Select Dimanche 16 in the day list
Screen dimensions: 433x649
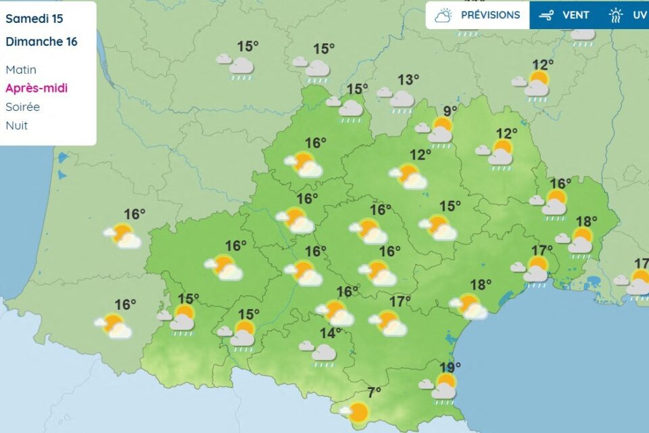click(41, 41)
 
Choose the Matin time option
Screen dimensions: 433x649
click(21, 70)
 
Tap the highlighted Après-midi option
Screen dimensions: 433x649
click(37, 88)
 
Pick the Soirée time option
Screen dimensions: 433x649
click(22, 107)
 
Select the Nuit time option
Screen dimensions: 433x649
click(16, 125)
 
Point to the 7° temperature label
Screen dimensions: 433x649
click(374, 392)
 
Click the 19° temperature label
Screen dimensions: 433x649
click(450, 367)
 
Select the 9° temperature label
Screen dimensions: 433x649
click(450, 111)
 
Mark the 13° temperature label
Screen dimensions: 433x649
click(408, 80)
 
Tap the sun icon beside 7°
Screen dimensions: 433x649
click(358, 411)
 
